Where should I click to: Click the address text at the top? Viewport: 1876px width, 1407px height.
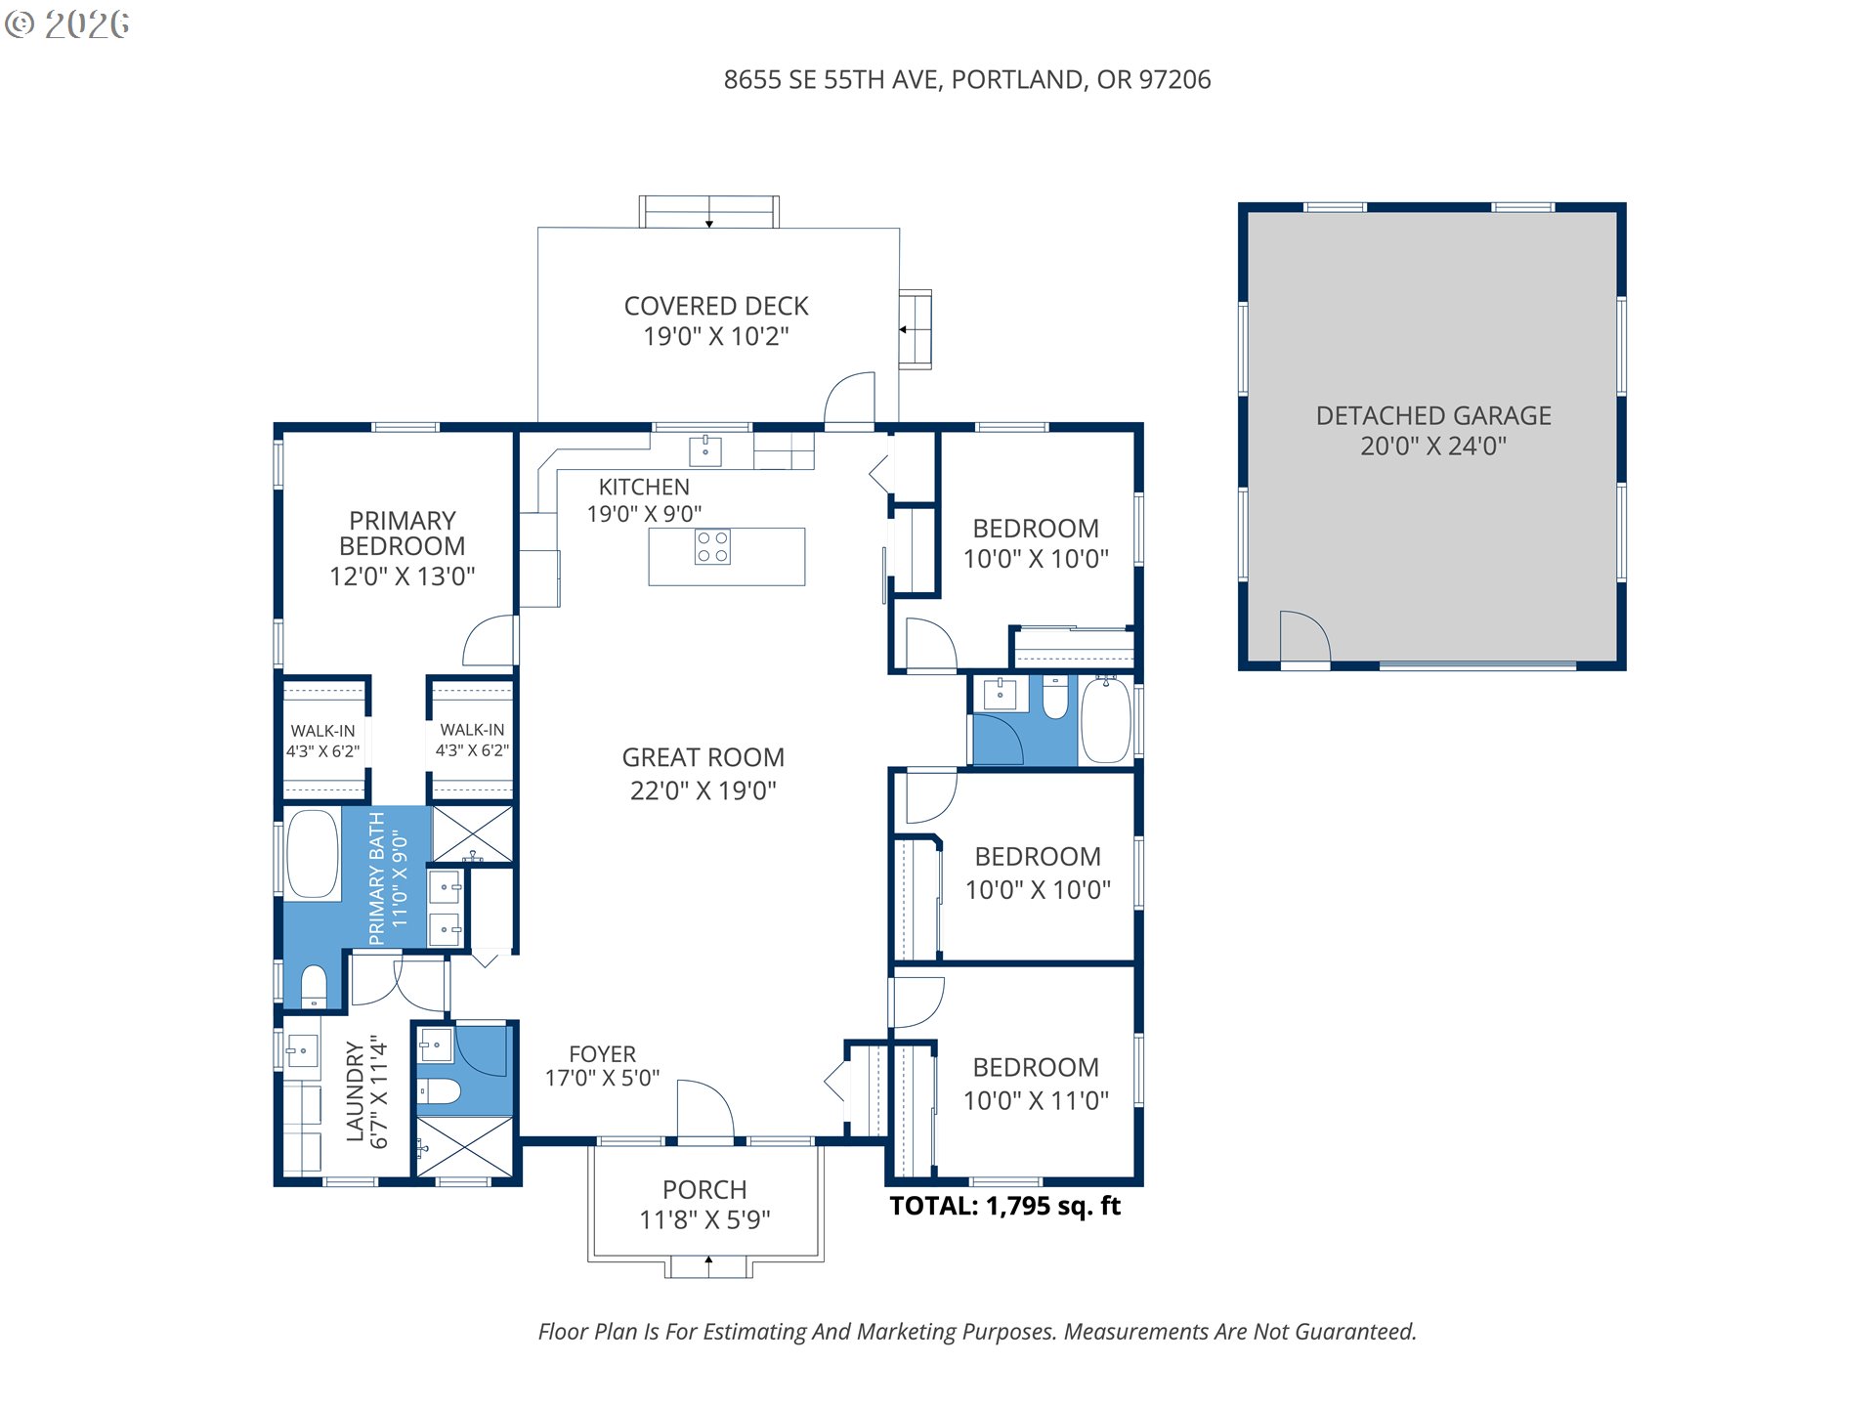pyautogui.click(x=966, y=80)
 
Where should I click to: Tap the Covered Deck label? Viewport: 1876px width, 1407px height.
pyautogui.click(x=716, y=320)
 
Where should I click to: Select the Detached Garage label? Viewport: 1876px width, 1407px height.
pyautogui.click(x=1433, y=430)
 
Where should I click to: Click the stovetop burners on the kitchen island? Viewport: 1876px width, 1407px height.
pyautogui.click(x=712, y=547)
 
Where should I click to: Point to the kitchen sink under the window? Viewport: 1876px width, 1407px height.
pyautogui.click(x=705, y=450)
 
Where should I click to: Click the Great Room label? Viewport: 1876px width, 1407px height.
pyautogui.click(x=703, y=773)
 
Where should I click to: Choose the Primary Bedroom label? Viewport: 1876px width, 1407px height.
pyautogui.click(x=403, y=547)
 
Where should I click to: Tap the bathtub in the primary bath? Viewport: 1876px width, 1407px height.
pyautogui.click(x=313, y=853)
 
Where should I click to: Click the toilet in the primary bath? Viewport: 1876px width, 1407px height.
pyautogui.click(x=314, y=986)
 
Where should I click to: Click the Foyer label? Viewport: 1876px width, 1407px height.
pyautogui.click(x=602, y=1066)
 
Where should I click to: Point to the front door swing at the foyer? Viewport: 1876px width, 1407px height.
pyautogui.click(x=704, y=1108)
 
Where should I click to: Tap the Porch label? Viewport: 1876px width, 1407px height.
pyautogui.click(x=704, y=1204)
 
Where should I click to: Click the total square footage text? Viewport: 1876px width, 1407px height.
pyautogui.click(x=1004, y=1206)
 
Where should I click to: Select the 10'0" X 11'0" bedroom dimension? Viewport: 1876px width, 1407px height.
pyautogui.click(x=1036, y=1100)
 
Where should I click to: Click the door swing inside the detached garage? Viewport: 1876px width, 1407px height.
pyautogui.click(x=1304, y=636)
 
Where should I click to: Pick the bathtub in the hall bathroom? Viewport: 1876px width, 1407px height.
pyautogui.click(x=1106, y=720)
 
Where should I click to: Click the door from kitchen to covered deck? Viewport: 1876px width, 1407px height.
pyautogui.click(x=850, y=400)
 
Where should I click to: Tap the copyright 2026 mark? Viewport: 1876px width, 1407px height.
pyautogui.click(x=67, y=24)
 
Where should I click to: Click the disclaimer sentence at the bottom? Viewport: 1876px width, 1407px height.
pyautogui.click(x=977, y=1332)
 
